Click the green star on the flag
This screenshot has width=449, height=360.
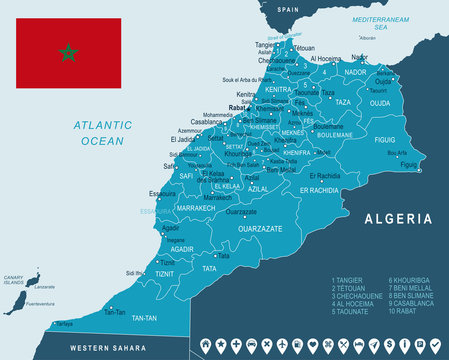(x=68, y=52)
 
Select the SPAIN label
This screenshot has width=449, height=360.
(x=288, y=9)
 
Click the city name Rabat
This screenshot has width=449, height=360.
(x=237, y=107)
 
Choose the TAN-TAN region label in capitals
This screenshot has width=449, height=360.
(x=143, y=318)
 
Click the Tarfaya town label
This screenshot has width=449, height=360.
(x=64, y=325)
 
